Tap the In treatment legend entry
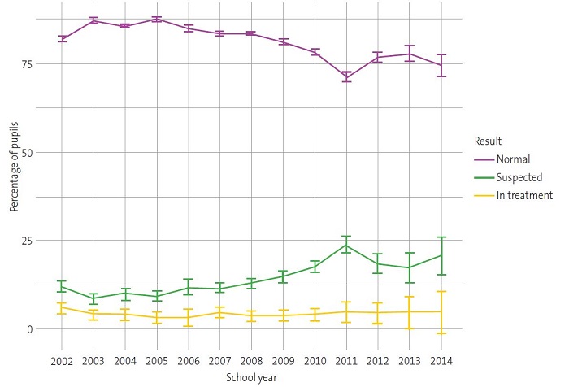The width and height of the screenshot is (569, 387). [521, 195]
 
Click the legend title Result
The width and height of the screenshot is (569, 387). [489, 141]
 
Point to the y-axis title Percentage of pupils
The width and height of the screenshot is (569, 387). [15, 170]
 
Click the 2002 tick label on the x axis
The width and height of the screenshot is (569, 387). [61, 359]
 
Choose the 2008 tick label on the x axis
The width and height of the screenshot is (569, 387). [251, 359]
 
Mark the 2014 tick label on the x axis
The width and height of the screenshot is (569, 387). [441, 359]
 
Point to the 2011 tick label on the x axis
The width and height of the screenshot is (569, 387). [346, 359]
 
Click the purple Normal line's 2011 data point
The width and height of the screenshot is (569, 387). [346, 77]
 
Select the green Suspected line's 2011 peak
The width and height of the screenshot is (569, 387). [346, 245]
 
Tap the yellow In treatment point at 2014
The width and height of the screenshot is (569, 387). [441, 311]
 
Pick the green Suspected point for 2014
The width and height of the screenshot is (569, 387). [441, 255]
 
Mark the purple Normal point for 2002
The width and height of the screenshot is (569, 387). [61, 38]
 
